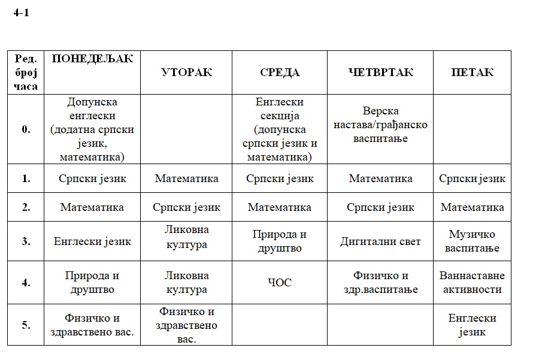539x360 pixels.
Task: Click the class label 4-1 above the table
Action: (x=21, y=13)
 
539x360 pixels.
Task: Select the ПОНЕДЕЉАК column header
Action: (x=92, y=58)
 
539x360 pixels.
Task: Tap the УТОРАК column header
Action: (x=186, y=72)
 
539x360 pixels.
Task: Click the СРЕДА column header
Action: (x=279, y=72)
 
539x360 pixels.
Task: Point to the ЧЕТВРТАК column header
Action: (x=380, y=72)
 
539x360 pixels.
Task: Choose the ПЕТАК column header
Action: (x=472, y=72)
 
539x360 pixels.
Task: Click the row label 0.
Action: (x=26, y=129)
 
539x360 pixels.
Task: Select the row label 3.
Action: (x=26, y=241)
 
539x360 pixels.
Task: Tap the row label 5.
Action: (x=26, y=325)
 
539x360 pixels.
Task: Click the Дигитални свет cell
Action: (x=380, y=241)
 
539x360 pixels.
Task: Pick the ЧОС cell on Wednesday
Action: (x=279, y=283)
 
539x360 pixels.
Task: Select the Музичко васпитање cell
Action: (x=472, y=241)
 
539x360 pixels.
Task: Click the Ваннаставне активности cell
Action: (x=472, y=283)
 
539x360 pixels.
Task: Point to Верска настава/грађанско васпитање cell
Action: (x=380, y=125)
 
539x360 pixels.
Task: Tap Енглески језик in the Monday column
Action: (x=92, y=241)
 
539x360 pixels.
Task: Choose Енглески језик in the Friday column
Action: (x=472, y=325)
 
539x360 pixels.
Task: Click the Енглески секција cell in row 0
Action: (x=279, y=129)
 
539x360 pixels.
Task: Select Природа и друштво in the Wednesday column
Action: (x=279, y=241)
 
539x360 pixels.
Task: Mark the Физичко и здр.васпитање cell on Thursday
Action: (x=380, y=283)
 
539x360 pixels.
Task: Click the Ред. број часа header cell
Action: (x=26, y=72)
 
